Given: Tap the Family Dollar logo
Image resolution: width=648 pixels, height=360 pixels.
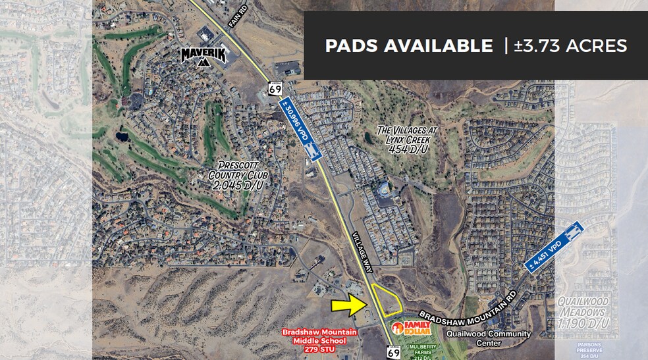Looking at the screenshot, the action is point(412,327).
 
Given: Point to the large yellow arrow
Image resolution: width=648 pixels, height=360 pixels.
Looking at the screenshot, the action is point(348,304).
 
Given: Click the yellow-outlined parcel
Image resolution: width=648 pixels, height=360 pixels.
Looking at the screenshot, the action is point(387,301).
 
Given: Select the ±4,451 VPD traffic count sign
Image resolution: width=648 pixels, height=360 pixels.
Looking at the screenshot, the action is point(554,245).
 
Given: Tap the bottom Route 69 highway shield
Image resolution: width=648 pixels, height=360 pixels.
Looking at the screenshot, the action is point(394,351).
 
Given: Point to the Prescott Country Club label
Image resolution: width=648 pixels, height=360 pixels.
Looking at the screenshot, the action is point(236,176).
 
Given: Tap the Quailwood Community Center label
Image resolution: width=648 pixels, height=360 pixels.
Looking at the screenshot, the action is point(488,338).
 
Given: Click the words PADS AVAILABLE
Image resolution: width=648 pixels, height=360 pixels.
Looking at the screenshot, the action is point(408,45).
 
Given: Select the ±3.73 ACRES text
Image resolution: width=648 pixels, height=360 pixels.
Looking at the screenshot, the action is point(571,45).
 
